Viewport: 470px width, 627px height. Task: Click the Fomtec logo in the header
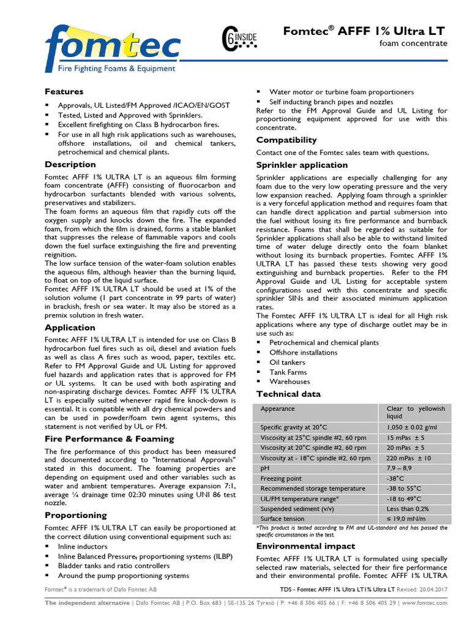point(113,48)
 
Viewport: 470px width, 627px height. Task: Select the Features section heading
point(64,92)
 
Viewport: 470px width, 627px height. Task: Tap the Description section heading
point(70,165)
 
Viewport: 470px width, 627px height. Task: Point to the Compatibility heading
point(286,140)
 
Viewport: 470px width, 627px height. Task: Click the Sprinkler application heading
point(302,165)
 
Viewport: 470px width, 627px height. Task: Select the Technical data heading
point(288,394)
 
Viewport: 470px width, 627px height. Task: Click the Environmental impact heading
point(305,546)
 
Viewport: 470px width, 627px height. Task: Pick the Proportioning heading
point(75,516)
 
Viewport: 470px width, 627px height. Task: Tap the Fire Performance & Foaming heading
point(110,439)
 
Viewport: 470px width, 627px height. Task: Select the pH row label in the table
point(264,468)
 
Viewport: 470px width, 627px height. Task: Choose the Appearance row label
point(277,408)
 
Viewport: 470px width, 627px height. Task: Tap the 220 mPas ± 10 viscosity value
point(409,458)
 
